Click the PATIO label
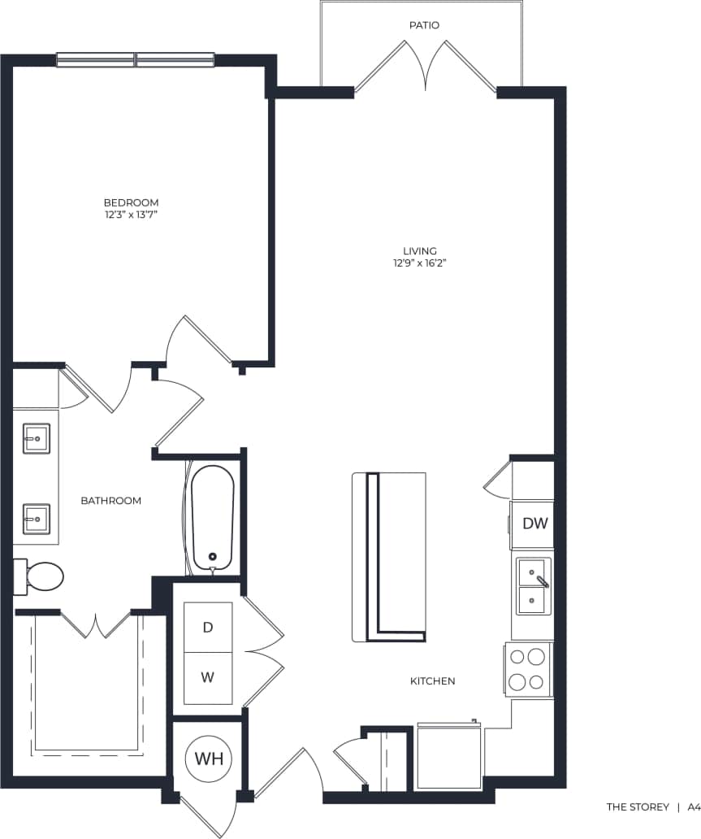[424, 25]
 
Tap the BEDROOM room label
[131, 202]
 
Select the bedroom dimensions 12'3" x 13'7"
[131, 215]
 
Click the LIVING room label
[420, 250]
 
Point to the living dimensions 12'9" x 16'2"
[420, 263]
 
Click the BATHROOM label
[110, 501]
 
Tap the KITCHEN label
[432, 680]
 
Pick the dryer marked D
[208, 627]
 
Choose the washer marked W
[208, 677]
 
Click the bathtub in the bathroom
[213, 517]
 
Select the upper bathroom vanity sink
[35, 439]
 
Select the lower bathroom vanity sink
[35, 518]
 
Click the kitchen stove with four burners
[528, 669]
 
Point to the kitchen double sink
[533, 586]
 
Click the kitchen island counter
[388, 556]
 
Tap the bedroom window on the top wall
[136, 59]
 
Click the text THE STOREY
[638, 807]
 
